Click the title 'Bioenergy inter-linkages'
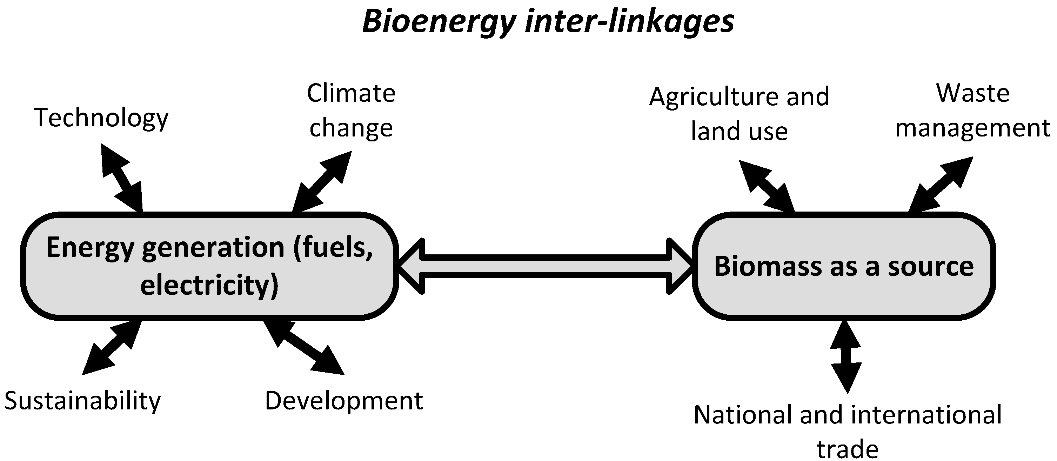point(548,21)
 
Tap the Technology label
point(101,118)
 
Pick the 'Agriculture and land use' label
point(739,113)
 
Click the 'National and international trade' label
point(848,431)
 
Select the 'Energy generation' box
point(209,266)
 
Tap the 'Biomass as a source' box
point(844,266)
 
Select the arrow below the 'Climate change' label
point(322,181)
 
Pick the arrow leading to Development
point(304,347)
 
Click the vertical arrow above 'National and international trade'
point(846,356)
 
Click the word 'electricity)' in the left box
point(209,285)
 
